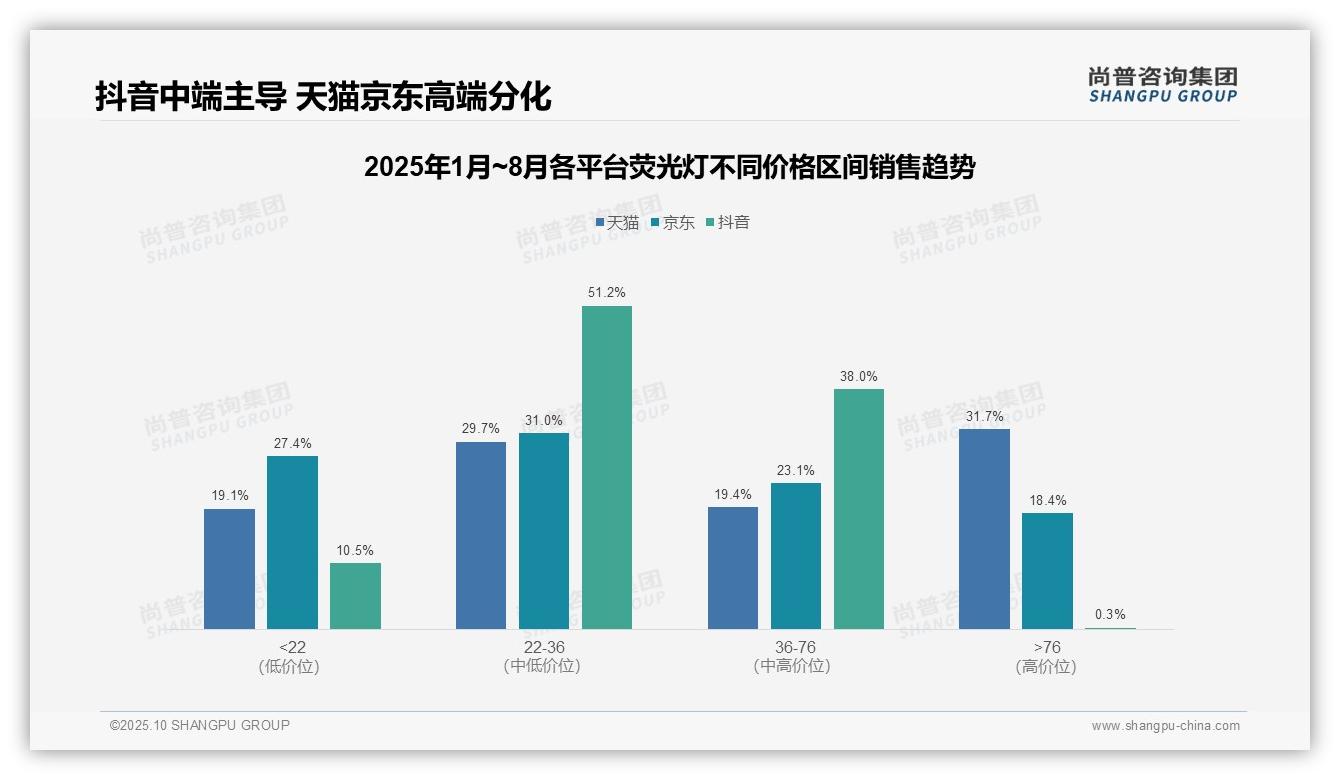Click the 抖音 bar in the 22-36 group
[607, 467]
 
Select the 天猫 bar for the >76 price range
[984, 529]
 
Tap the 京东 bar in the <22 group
[292, 542]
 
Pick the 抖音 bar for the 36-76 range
[859, 509]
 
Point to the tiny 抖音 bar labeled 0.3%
[1110, 627]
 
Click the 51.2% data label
[607, 293]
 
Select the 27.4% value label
[292, 443]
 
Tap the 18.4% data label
[1047, 500]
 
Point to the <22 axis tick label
[292, 647]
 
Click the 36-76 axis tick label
[796, 647]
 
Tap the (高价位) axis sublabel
[1046, 666]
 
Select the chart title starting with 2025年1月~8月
[669, 167]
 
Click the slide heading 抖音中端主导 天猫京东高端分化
[323, 97]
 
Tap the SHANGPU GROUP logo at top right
[1162, 85]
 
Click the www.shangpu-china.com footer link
[1165, 726]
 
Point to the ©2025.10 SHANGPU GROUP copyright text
[200, 725]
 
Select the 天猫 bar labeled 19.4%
[733, 568]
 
